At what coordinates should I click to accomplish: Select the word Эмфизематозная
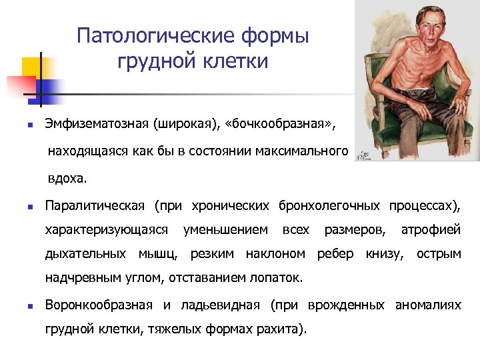pos(96,124)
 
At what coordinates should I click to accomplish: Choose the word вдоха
pos(67,179)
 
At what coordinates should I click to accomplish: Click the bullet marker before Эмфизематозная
pos(23,125)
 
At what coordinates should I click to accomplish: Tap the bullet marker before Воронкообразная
pos(23,305)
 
